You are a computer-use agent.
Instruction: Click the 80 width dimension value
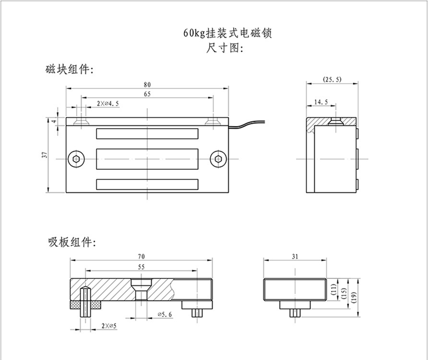pos(147,84)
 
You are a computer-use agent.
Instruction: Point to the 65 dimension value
pos(147,95)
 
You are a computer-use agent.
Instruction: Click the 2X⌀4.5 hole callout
pos(108,103)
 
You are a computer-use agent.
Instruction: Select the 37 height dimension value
pos(45,155)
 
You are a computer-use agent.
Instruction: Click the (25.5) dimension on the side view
pos(332,79)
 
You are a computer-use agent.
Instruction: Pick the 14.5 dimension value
pos(321,102)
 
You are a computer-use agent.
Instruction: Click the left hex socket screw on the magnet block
pos(76,158)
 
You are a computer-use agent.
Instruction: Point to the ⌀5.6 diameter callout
pos(164,314)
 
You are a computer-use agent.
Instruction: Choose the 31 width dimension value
pos(295,257)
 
